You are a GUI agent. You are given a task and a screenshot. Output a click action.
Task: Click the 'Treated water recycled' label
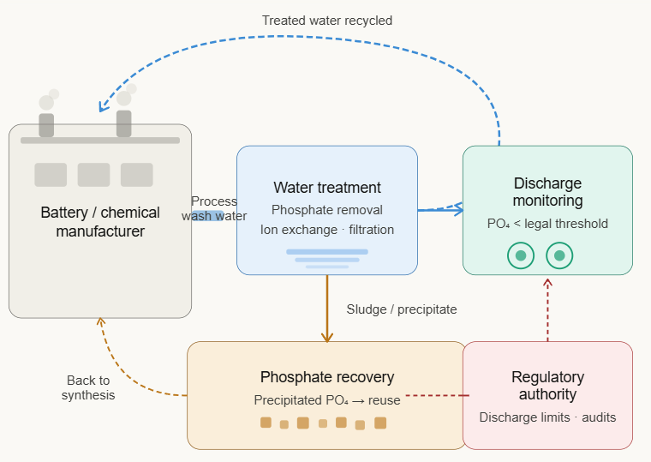[327, 21]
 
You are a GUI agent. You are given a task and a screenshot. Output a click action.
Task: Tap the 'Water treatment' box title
[327, 188]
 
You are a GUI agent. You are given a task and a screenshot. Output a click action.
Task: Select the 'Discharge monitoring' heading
[547, 192]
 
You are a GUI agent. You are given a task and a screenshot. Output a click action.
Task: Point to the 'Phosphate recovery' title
[327, 377]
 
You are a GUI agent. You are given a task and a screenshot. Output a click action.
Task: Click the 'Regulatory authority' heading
[547, 386]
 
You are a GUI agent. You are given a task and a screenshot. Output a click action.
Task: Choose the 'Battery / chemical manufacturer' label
[100, 221]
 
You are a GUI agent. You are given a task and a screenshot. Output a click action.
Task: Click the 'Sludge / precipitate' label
[402, 309]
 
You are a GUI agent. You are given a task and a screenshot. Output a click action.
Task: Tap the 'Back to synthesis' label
[88, 387]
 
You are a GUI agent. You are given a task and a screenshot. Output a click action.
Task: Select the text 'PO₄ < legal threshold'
[547, 224]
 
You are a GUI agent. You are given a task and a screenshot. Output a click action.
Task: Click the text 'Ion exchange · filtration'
[327, 230]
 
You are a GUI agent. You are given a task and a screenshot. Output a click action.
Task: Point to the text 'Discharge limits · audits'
[547, 417]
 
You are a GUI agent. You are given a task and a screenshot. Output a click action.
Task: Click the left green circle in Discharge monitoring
[520, 255]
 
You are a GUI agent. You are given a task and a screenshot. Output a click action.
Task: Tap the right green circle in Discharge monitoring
[559, 255]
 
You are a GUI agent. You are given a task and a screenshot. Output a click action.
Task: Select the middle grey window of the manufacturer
[94, 175]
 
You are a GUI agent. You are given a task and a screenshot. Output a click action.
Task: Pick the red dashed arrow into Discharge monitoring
[547, 309]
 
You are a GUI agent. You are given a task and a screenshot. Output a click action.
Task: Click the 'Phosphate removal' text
[327, 210]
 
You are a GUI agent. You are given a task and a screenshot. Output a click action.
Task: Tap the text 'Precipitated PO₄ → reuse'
[327, 400]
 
